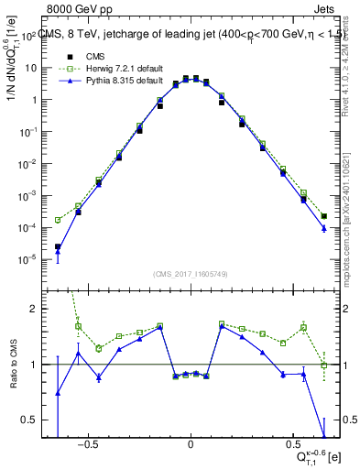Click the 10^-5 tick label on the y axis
coord(27,258)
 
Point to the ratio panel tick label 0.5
coord(30,420)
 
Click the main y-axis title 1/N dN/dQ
coord(13,92)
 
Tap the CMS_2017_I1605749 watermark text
coord(191,273)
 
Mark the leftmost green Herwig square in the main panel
coord(58,220)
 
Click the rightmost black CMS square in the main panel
coord(324,216)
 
